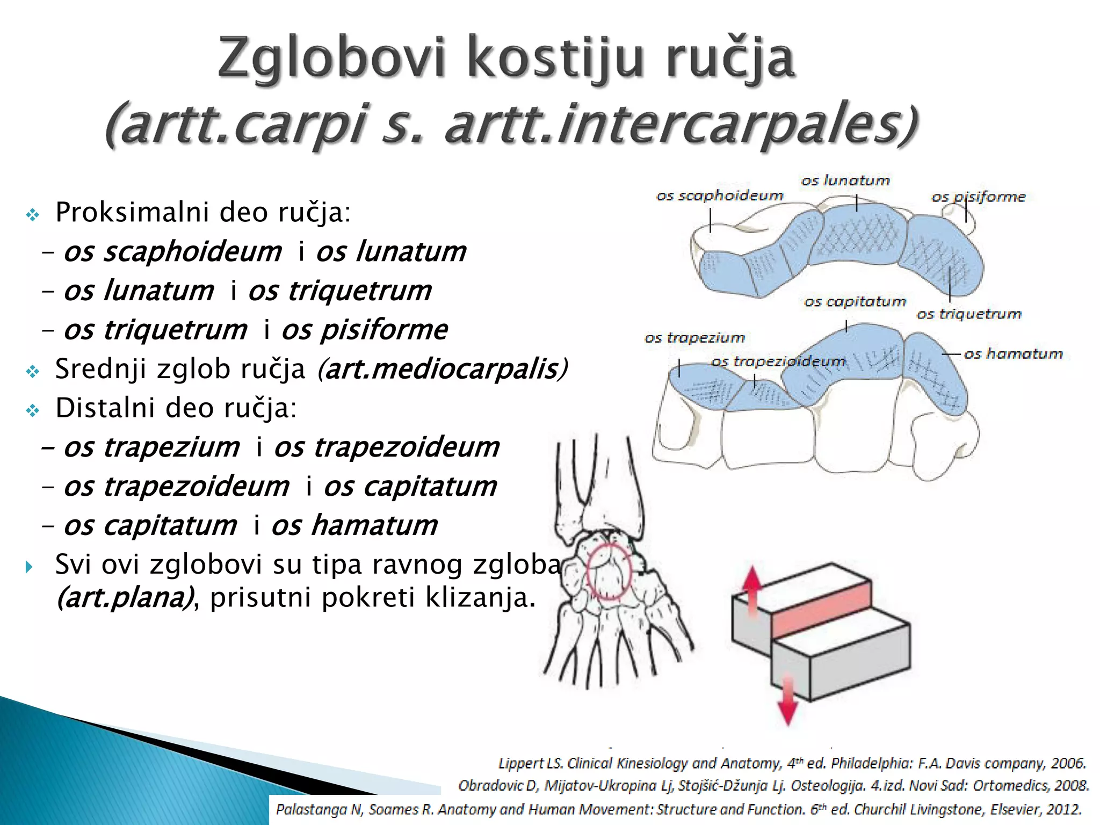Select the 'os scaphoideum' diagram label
(719, 196)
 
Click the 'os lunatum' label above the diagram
(845, 180)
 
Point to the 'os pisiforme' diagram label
(978, 197)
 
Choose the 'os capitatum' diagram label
(855, 301)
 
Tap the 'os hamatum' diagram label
(1013, 353)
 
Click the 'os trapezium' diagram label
(694, 338)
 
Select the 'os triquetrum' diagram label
(968, 314)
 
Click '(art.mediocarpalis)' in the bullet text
(442, 369)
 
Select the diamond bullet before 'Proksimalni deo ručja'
(33, 215)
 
